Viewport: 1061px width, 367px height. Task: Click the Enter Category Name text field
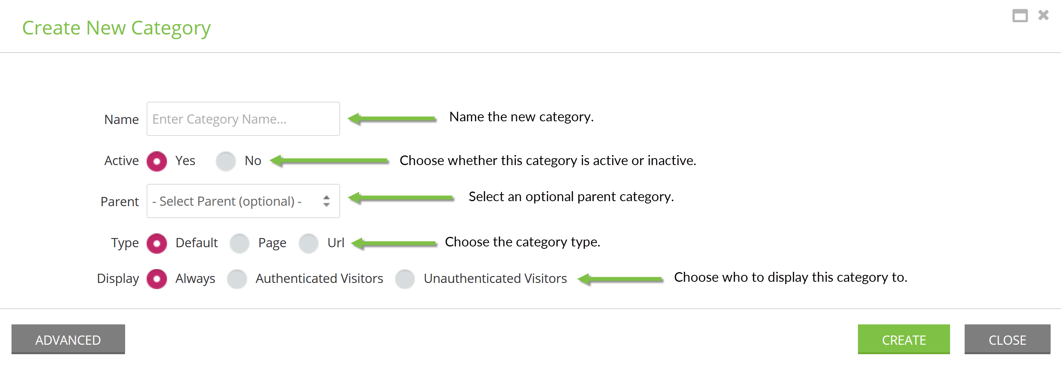tap(243, 119)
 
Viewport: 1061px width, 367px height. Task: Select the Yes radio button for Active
tap(157, 161)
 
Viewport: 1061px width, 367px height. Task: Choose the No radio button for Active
tap(226, 161)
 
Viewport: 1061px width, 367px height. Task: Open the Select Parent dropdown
tap(243, 201)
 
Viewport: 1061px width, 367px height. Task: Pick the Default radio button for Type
tap(157, 243)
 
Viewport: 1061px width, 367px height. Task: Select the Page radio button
tap(240, 243)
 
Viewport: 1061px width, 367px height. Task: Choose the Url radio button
tap(309, 243)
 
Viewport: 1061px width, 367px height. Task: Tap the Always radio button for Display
tap(157, 279)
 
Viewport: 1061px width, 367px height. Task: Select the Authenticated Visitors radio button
tap(237, 279)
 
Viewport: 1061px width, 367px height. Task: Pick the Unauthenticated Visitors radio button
tap(405, 279)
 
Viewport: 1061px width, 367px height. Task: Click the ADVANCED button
tap(68, 339)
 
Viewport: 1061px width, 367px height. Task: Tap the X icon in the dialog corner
tap(1043, 15)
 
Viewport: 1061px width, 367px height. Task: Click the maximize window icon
tap(1020, 16)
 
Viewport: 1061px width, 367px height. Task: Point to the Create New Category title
tap(116, 28)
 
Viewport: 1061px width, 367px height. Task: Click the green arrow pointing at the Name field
tap(392, 119)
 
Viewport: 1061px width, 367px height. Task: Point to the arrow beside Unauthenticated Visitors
tap(620, 279)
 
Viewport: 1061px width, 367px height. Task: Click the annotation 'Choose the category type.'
tap(522, 242)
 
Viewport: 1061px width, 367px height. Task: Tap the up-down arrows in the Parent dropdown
tap(327, 201)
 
